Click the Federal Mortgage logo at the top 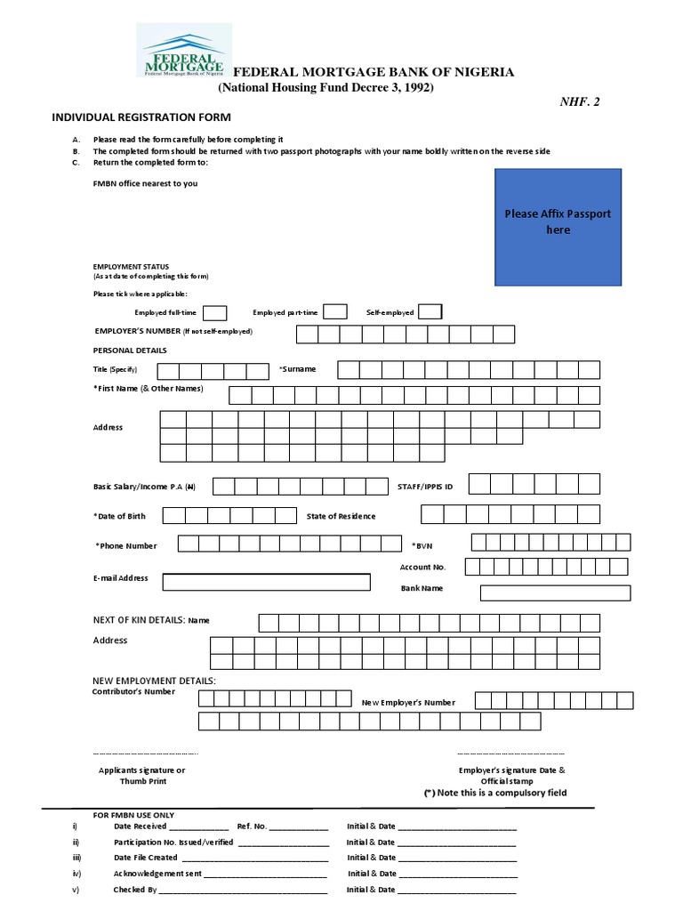[183, 51]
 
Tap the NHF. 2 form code [579, 102]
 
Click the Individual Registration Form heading [141, 117]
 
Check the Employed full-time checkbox [215, 312]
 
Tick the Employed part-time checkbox [335, 311]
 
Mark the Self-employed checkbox [430, 311]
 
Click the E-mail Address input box [266, 582]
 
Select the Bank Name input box [555, 593]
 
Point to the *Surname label [297, 369]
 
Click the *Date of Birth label [119, 516]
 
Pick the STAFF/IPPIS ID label [425, 487]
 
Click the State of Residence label [341, 516]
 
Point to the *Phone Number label [126, 545]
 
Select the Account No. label [422, 567]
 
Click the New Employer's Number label [408, 703]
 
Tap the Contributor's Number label [133, 691]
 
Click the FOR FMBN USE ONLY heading [134, 815]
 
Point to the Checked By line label [135, 890]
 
